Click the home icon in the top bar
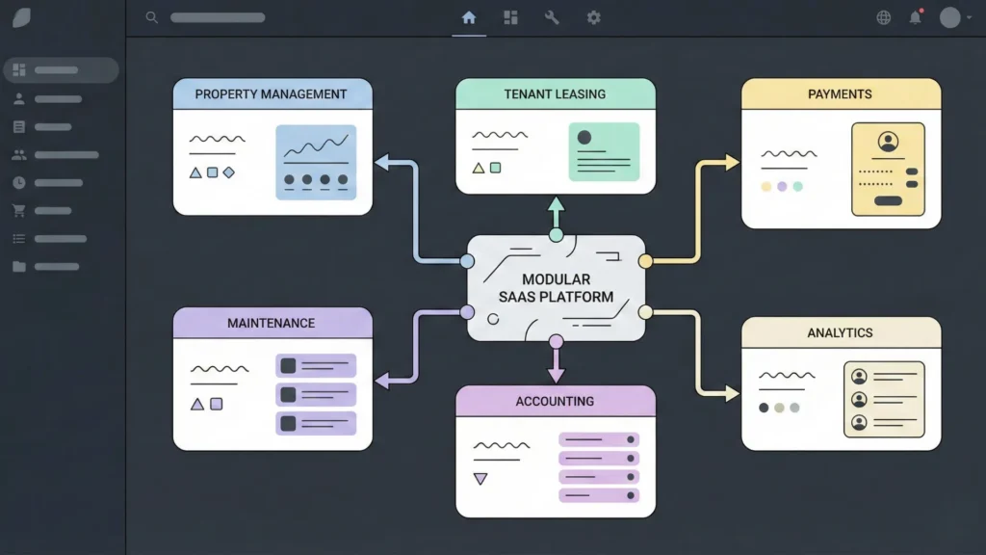tap(469, 17)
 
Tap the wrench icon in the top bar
tap(552, 17)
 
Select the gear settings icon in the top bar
tap(594, 17)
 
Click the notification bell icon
tap(915, 17)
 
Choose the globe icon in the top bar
tap(884, 17)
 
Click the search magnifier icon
tap(151, 17)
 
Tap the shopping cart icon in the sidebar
tap(18, 211)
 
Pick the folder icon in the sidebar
tap(18, 267)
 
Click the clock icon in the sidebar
tap(18, 183)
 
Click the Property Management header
tap(271, 94)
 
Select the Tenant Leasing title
tap(555, 94)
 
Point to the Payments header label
tap(840, 94)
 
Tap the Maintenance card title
tap(271, 323)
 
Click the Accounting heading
tap(555, 401)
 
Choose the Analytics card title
tap(840, 332)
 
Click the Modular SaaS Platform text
tap(556, 288)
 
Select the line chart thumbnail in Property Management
tap(316, 162)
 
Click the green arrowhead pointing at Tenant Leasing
tap(556, 204)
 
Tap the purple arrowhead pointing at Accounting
tap(556, 375)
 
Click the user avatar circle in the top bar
tap(949, 17)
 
